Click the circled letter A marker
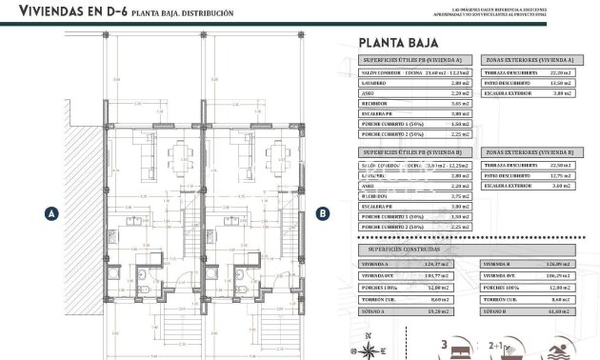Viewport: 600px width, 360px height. (x=49, y=214)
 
